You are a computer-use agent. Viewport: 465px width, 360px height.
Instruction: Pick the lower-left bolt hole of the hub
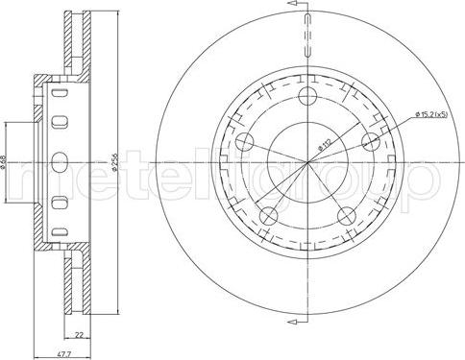(x=270, y=214)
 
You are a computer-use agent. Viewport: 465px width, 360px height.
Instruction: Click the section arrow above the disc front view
(x=305, y=9)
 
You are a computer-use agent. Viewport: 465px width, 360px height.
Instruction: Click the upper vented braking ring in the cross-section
(x=71, y=43)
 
